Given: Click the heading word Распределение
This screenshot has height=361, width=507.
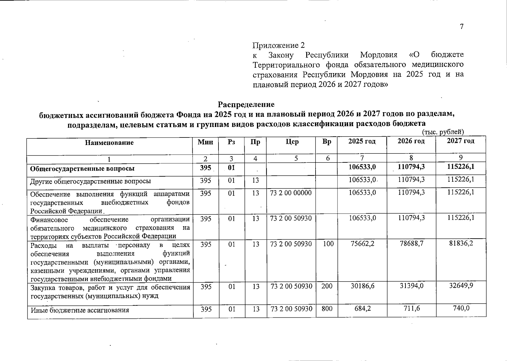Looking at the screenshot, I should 246,104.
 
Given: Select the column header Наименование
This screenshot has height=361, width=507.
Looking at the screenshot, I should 109,143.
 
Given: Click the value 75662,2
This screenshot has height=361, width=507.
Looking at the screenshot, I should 362,244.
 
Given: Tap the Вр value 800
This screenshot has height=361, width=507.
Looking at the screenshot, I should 327,309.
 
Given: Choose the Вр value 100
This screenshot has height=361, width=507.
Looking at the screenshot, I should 328,244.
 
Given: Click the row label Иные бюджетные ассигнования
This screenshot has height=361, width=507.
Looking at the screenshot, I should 80,310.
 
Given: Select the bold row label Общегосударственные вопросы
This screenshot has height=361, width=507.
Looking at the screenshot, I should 82,168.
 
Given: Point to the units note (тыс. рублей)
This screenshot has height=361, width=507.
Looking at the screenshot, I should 443,132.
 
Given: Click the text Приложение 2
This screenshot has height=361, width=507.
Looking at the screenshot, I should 278,45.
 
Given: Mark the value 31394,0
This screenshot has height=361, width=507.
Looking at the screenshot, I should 411,285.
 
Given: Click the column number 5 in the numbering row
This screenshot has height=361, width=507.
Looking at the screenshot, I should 296,158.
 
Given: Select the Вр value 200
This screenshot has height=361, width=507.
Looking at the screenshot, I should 327,286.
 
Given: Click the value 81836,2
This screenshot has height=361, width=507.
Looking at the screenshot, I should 461,243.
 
